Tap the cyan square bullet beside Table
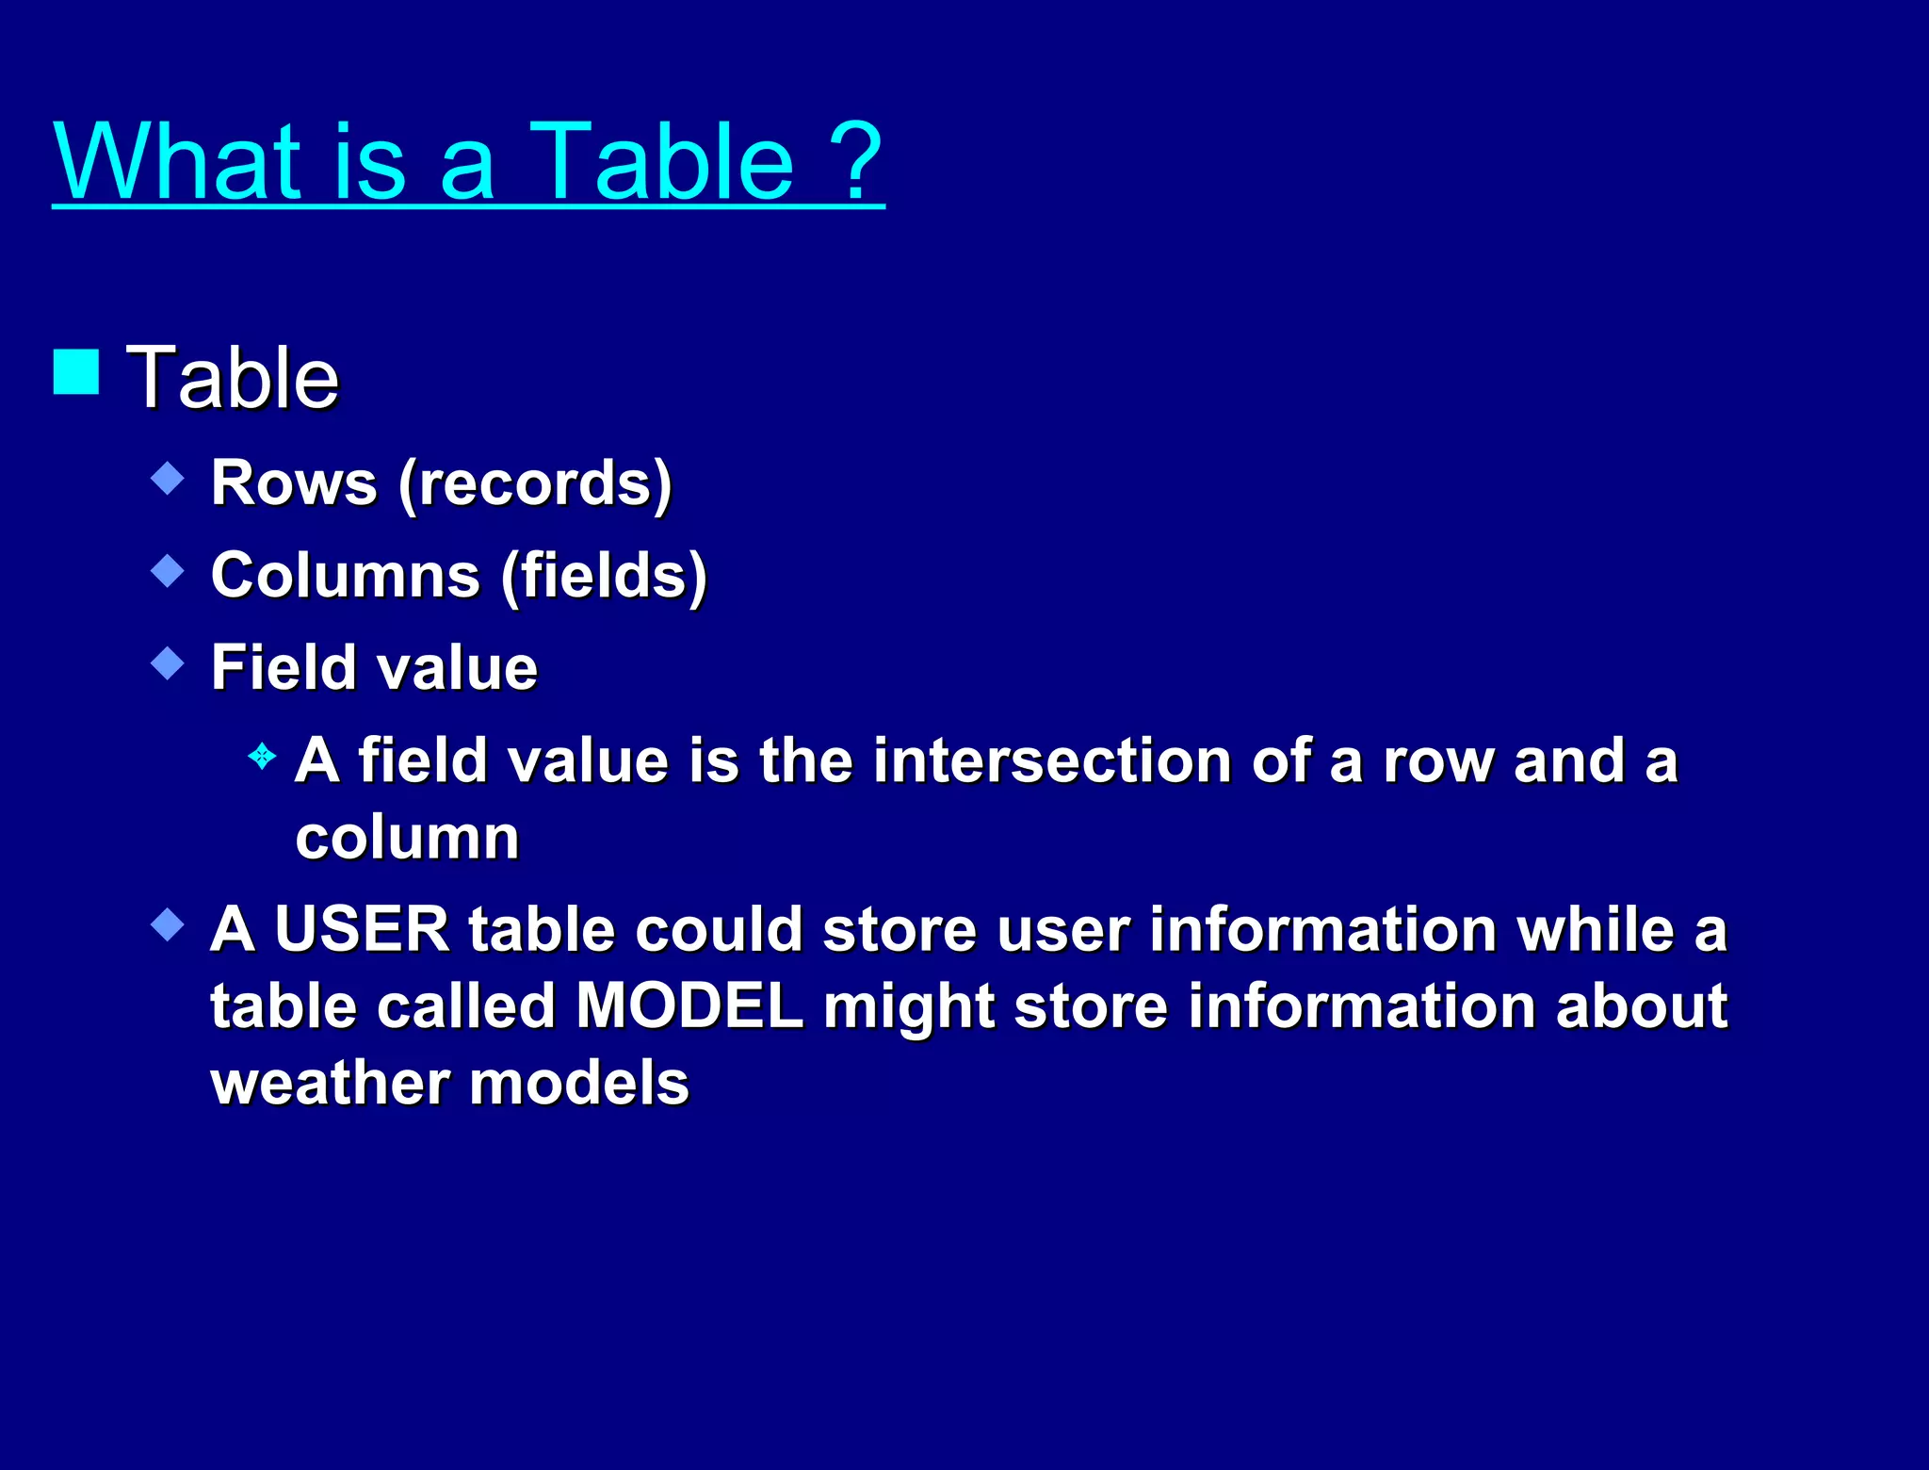(76, 371)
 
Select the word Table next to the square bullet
(233, 378)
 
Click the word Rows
(294, 482)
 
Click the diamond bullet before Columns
(168, 571)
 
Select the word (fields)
(604, 575)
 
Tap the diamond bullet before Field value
(168, 663)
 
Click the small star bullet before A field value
(262, 756)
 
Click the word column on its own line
(407, 837)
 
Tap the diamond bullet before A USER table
(168, 924)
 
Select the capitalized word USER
(362, 929)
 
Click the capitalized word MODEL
(689, 1005)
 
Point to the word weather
(330, 1082)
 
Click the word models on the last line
(579, 1082)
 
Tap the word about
(1641, 1005)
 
